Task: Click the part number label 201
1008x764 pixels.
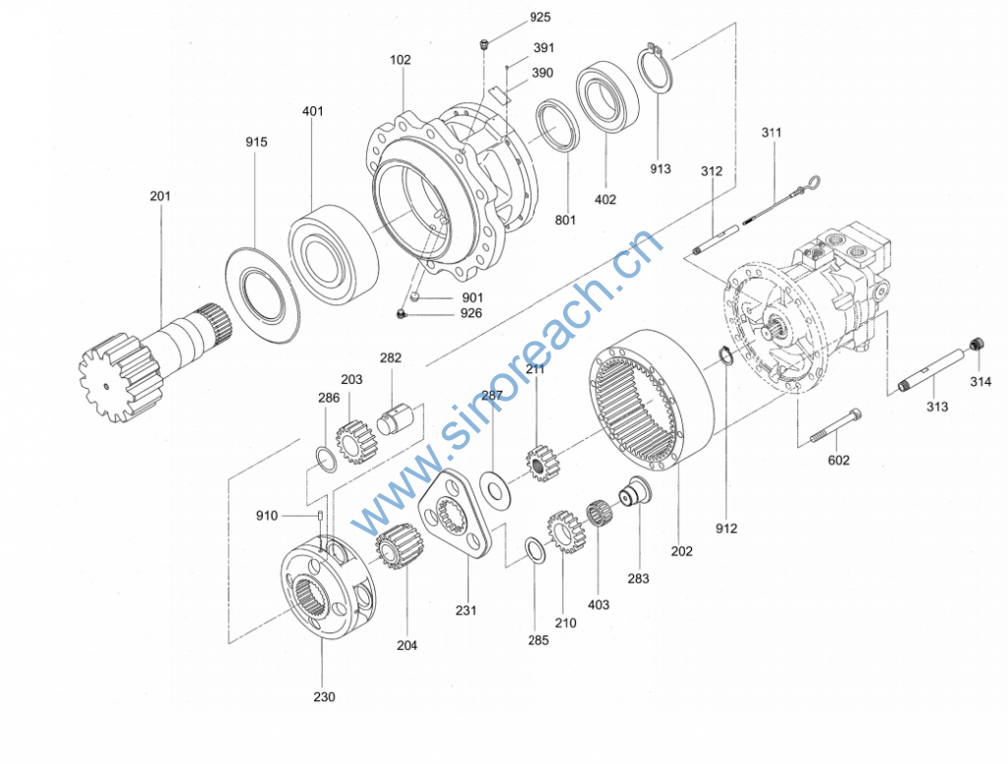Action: (160, 196)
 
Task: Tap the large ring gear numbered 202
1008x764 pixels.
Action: (651, 398)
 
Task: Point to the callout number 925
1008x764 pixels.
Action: (540, 18)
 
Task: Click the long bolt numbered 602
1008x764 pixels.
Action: (836, 425)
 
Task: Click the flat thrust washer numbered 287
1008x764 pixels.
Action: (495, 490)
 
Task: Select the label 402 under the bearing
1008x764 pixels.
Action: (605, 199)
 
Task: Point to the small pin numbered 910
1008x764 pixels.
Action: (320, 516)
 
